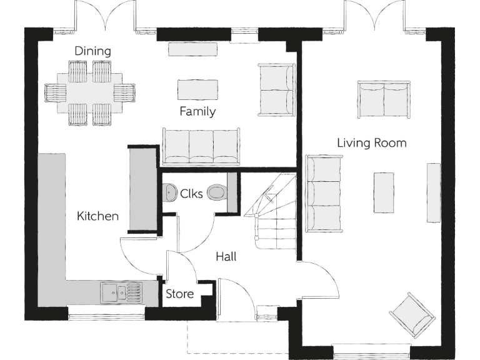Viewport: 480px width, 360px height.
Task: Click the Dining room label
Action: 92,51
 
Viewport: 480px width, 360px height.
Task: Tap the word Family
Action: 197,112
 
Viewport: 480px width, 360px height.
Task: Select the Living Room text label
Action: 372,143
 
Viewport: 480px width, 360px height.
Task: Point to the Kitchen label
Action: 97,216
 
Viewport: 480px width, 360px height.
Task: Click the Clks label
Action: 191,194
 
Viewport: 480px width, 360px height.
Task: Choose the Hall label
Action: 226,256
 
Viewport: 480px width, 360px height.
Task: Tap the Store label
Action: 179,294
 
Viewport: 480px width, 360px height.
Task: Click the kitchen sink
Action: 121,291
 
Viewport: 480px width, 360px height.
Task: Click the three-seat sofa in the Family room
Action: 201,146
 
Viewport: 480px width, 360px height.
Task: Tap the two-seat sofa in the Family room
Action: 276,89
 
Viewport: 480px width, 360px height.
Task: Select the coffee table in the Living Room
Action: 384,192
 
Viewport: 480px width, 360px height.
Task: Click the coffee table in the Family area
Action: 197,89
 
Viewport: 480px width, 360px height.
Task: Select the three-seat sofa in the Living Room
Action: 323,193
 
